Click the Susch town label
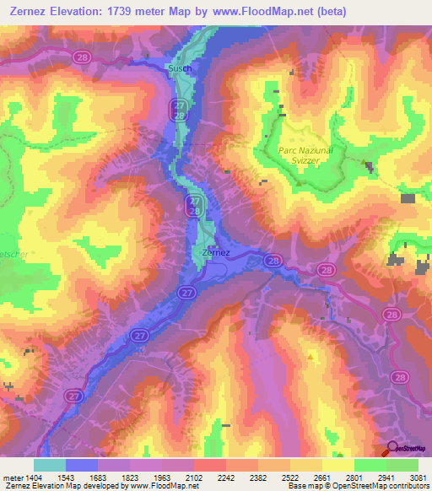click(180, 68)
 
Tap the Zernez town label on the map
click(217, 252)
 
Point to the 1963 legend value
click(162, 477)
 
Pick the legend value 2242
click(226, 477)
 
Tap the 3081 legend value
click(418, 477)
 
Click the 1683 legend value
click(98, 477)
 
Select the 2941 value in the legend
click(386, 477)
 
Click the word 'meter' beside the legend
click(12, 477)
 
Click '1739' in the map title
click(132, 12)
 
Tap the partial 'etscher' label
click(12, 251)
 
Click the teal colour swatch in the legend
click(50, 465)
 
